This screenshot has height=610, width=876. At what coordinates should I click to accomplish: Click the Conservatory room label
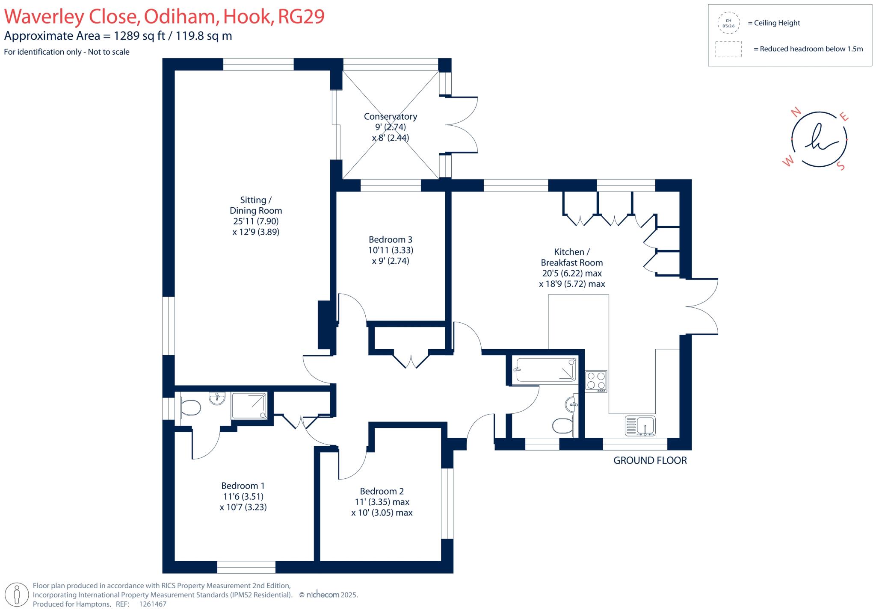[390, 116]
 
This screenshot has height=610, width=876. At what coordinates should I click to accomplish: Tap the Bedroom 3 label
[390, 239]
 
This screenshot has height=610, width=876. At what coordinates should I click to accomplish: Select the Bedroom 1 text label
[243, 486]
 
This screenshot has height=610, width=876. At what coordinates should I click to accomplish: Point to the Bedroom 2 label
[382, 491]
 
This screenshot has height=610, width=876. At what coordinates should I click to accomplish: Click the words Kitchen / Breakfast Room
[571, 257]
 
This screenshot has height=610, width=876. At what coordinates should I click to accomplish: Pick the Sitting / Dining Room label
[255, 205]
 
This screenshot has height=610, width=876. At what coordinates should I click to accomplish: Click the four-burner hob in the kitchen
[596, 381]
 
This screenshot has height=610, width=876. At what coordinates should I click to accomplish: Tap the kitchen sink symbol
[640, 426]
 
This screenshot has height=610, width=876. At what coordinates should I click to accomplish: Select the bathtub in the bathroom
[545, 369]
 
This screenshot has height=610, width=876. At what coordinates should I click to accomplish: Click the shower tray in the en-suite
[249, 406]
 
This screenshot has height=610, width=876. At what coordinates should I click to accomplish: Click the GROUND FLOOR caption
[650, 460]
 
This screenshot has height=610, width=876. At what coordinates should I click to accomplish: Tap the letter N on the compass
[796, 112]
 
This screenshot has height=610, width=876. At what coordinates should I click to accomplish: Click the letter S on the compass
[841, 166]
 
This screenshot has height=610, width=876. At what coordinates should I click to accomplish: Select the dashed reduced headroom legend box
[728, 49]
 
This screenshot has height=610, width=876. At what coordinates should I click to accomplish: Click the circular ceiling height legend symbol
[728, 23]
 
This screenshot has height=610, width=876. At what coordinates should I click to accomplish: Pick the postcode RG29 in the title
[301, 16]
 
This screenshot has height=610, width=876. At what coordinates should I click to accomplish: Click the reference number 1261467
[153, 604]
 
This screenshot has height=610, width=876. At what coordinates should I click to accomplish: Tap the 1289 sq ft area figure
[139, 36]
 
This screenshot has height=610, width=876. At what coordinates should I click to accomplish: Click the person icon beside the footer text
[17, 594]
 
